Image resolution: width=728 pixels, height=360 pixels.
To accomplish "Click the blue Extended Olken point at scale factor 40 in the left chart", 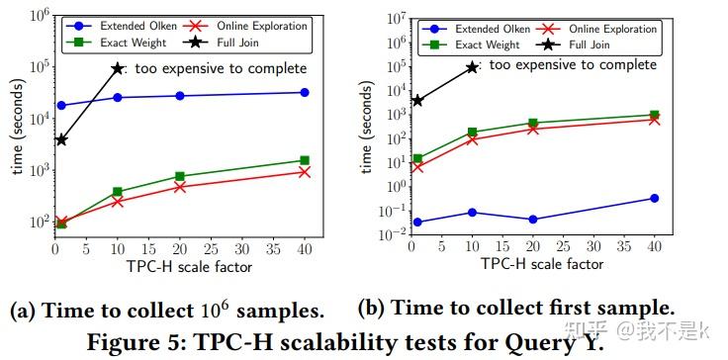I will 305,92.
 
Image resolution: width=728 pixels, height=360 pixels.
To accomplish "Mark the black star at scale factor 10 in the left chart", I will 118,68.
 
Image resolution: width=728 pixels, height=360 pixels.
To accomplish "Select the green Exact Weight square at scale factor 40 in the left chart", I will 305,160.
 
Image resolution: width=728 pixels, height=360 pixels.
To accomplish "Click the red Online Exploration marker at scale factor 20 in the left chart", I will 180,186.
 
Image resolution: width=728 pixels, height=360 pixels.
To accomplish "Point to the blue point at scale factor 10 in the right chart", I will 473,213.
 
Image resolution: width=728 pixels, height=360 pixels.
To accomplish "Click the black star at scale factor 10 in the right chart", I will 473,67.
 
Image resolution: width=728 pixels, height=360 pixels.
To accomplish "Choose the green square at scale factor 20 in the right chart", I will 533,124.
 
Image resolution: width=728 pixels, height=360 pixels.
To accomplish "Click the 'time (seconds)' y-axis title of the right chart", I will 367,125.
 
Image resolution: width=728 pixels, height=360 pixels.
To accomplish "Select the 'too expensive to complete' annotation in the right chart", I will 573,65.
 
